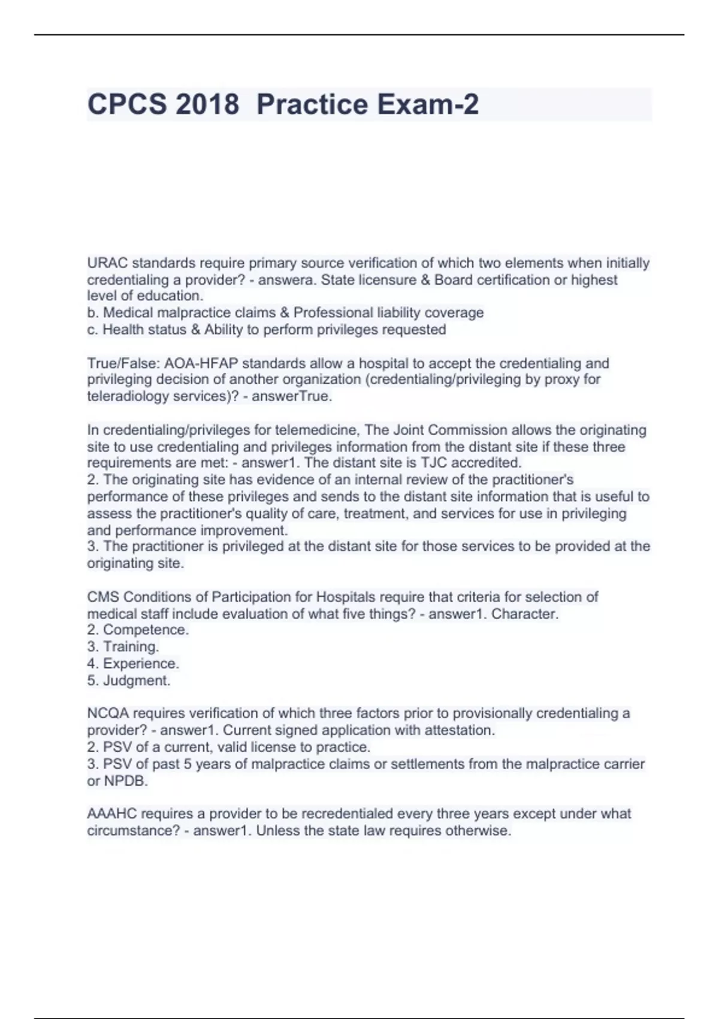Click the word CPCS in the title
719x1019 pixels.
point(127,104)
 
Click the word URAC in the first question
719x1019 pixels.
point(107,263)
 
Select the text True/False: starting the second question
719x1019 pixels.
point(123,363)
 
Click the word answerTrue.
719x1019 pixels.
point(291,396)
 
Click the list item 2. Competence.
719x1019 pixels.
point(138,630)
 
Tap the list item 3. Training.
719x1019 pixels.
point(123,647)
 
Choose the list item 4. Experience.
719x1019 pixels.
point(133,664)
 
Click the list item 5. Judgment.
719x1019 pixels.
point(129,680)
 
